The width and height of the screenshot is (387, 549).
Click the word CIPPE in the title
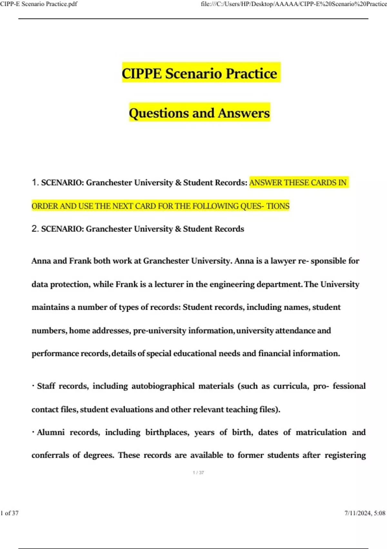tap(142, 74)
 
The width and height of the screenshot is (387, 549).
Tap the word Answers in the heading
tap(244, 113)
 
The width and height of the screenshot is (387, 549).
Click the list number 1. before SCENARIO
tap(35, 182)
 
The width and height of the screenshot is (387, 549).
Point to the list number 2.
tap(35, 229)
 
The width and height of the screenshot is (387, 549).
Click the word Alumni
tap(51, 432)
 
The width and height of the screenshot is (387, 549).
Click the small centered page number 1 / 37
tap(198, 472)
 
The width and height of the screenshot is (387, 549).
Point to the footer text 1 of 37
tap(10, 513)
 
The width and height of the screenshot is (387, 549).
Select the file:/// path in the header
tap(293, 4)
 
